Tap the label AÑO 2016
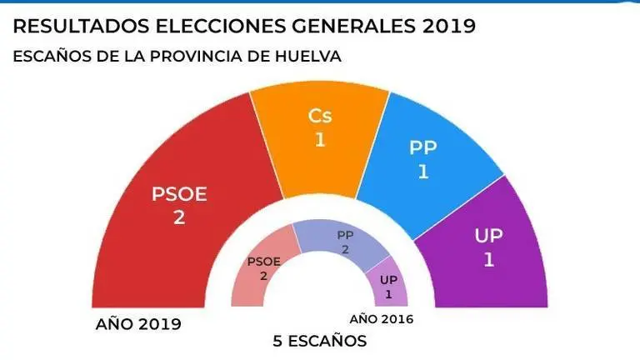(381, 319)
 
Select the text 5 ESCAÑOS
(320, 342)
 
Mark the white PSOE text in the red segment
(178, 194)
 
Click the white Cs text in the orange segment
(320, 116)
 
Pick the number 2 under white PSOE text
(178, 218)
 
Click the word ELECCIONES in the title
(222, 27)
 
